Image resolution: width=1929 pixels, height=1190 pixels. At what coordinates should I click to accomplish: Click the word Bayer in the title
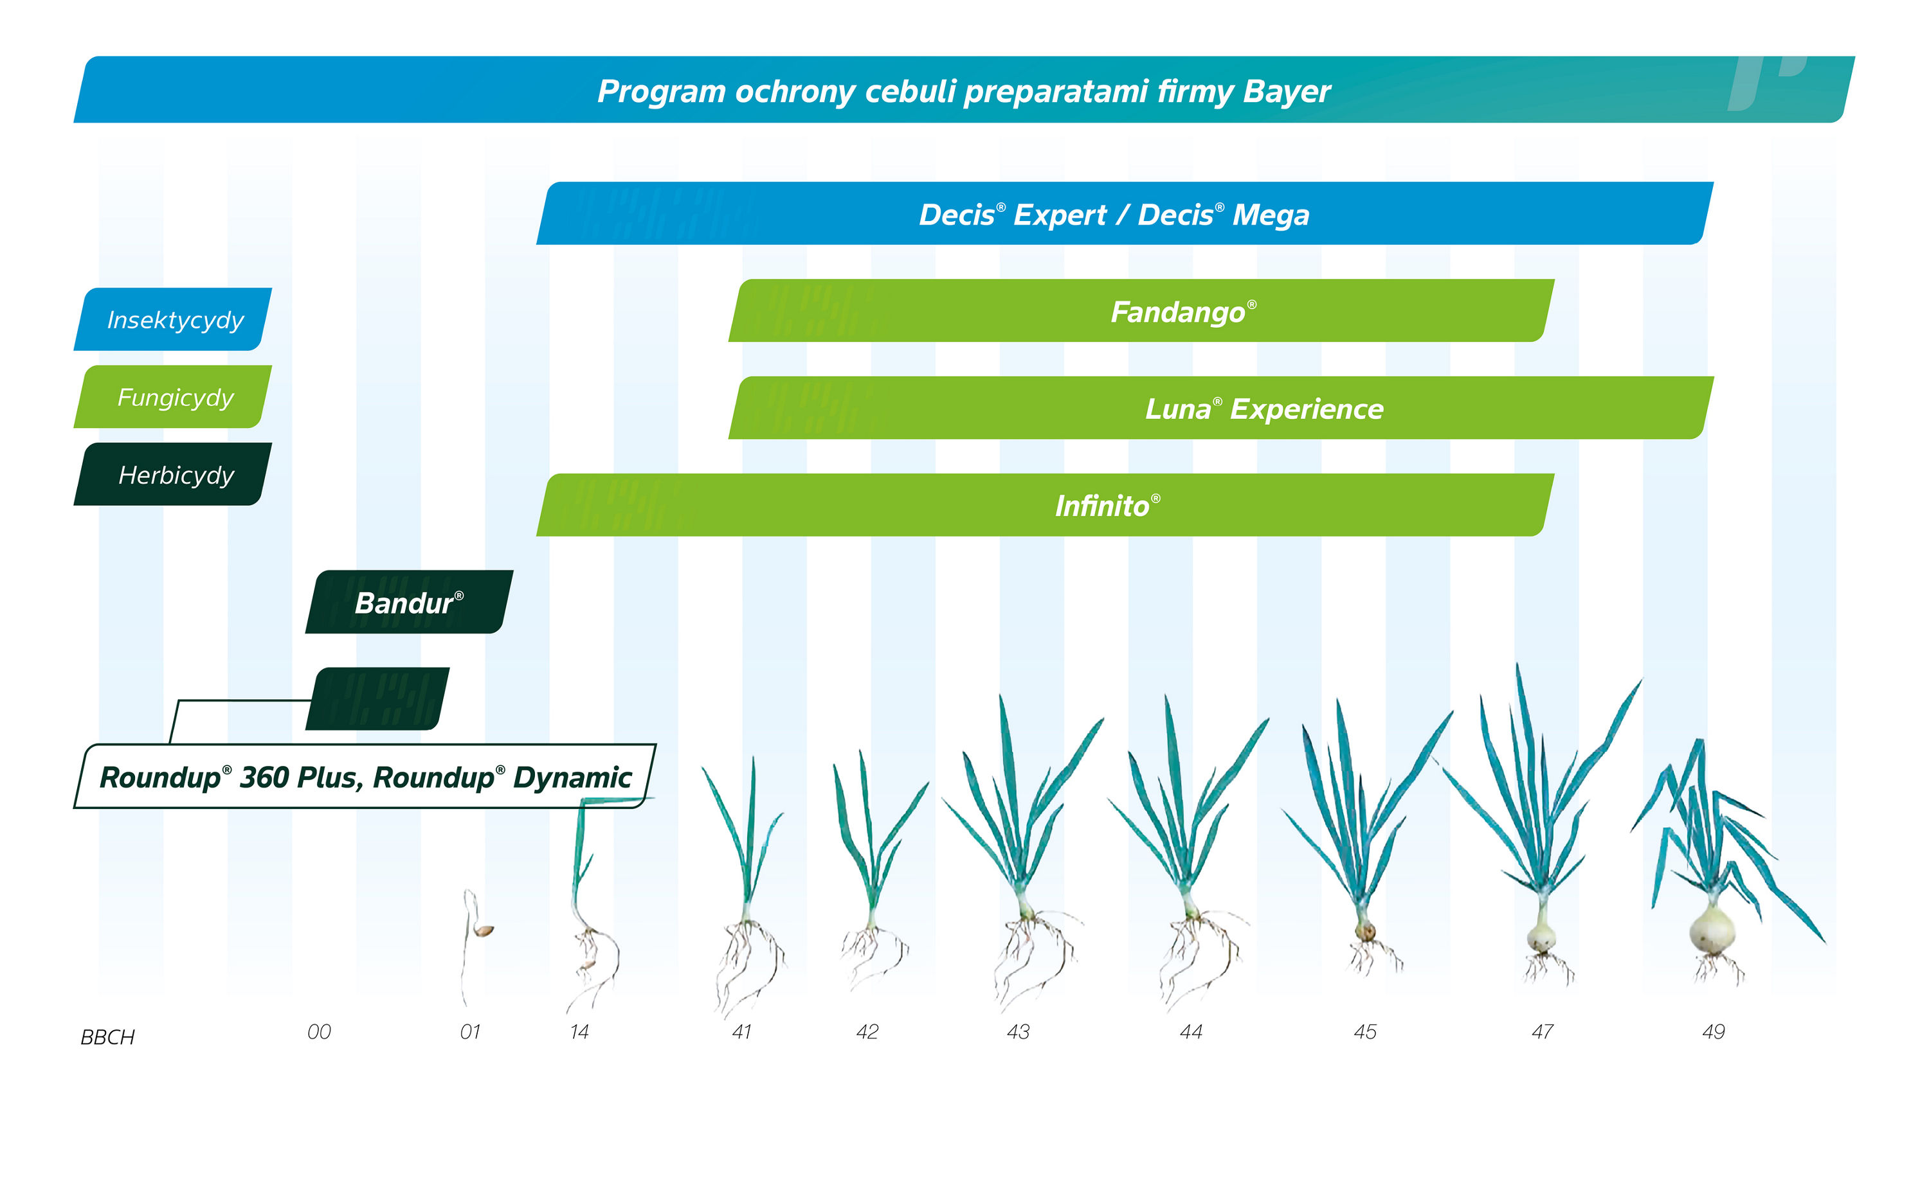[x=1286, y=91]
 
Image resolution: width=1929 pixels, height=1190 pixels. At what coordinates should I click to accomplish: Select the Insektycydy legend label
[x=175, y=319]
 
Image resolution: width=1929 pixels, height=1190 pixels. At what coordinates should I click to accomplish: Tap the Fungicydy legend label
[x=175, y=398]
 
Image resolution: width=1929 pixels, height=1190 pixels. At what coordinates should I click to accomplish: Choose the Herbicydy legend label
[x=176, y=475]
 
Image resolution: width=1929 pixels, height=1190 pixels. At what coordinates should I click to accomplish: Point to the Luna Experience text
[x=1263, y=409]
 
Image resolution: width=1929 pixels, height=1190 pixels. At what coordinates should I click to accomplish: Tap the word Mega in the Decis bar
[x=1270, y=215]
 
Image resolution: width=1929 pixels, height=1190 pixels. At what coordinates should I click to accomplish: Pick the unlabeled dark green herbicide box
[x=377, y=699]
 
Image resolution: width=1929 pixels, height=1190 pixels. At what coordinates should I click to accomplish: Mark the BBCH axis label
[x=108, y=1036]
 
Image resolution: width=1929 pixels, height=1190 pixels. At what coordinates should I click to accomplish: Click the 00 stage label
[x=319, y=1032]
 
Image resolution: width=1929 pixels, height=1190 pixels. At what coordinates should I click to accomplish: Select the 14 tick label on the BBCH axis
[x=579, y=1032]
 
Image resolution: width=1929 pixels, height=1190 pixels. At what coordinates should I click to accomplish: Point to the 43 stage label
[x=1017, y=1032]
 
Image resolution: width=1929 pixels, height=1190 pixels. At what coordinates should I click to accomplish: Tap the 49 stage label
[x=1712, y=1032]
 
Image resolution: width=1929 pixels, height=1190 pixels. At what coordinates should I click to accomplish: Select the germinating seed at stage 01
[x=484, y=931]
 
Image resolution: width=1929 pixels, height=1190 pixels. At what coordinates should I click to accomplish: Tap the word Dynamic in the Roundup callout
[x=572, y=777]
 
